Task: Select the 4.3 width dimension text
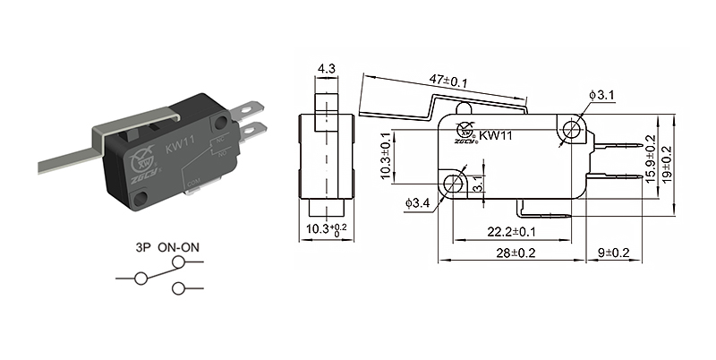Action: tap(325, 68)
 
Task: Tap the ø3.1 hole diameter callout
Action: tap(601, 94)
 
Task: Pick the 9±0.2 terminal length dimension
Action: tap(612, 254)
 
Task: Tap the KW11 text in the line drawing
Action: tap(495, 136)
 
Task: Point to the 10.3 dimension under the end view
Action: tap(323, 231)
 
